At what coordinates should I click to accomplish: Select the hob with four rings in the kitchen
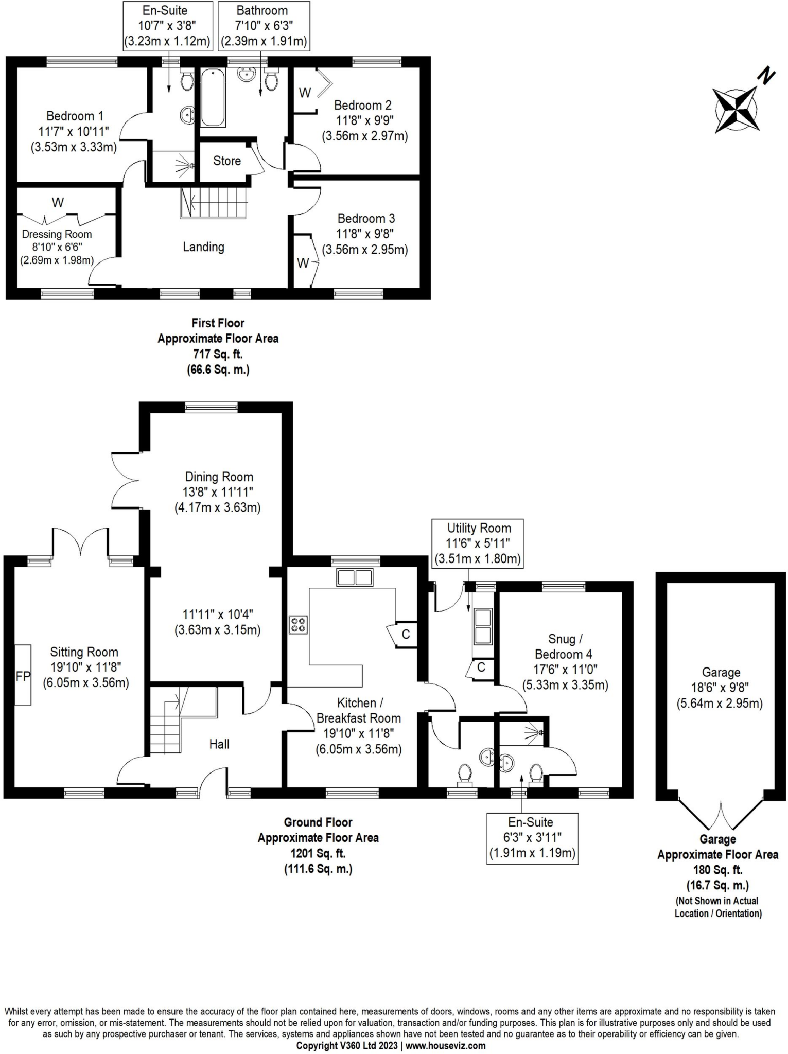pyautogui.click(x=299, y=625)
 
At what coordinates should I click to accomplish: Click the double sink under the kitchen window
pyautogui.click(x=355, y=577)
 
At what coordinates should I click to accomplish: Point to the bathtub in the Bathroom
pyautogui.click(x=213, y=98)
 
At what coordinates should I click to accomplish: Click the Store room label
pyautogui.click(x=227, y=161)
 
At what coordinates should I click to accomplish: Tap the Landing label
pyautogui.click(x=203, y=247)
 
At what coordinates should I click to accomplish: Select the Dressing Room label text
pyautogui.click(x=57, y=235)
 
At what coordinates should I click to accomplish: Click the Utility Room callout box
pyautogui.click(x=478, y=543)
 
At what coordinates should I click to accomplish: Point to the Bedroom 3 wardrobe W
pyautogui.click(x=304, y=263)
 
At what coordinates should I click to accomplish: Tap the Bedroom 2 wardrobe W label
pyautogui.click(x=305, y=93)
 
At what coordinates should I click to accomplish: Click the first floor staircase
pyautogui.click(x=214, y=203)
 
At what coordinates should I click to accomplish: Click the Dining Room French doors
pyautogui.click(x=125, y=481)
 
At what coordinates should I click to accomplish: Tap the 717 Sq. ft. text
pyautogui.click(x=218, y=354)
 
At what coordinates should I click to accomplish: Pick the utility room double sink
pyautogui.click(x=483, y=626)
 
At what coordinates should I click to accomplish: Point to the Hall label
pyautogui.click(x=219, y=744)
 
